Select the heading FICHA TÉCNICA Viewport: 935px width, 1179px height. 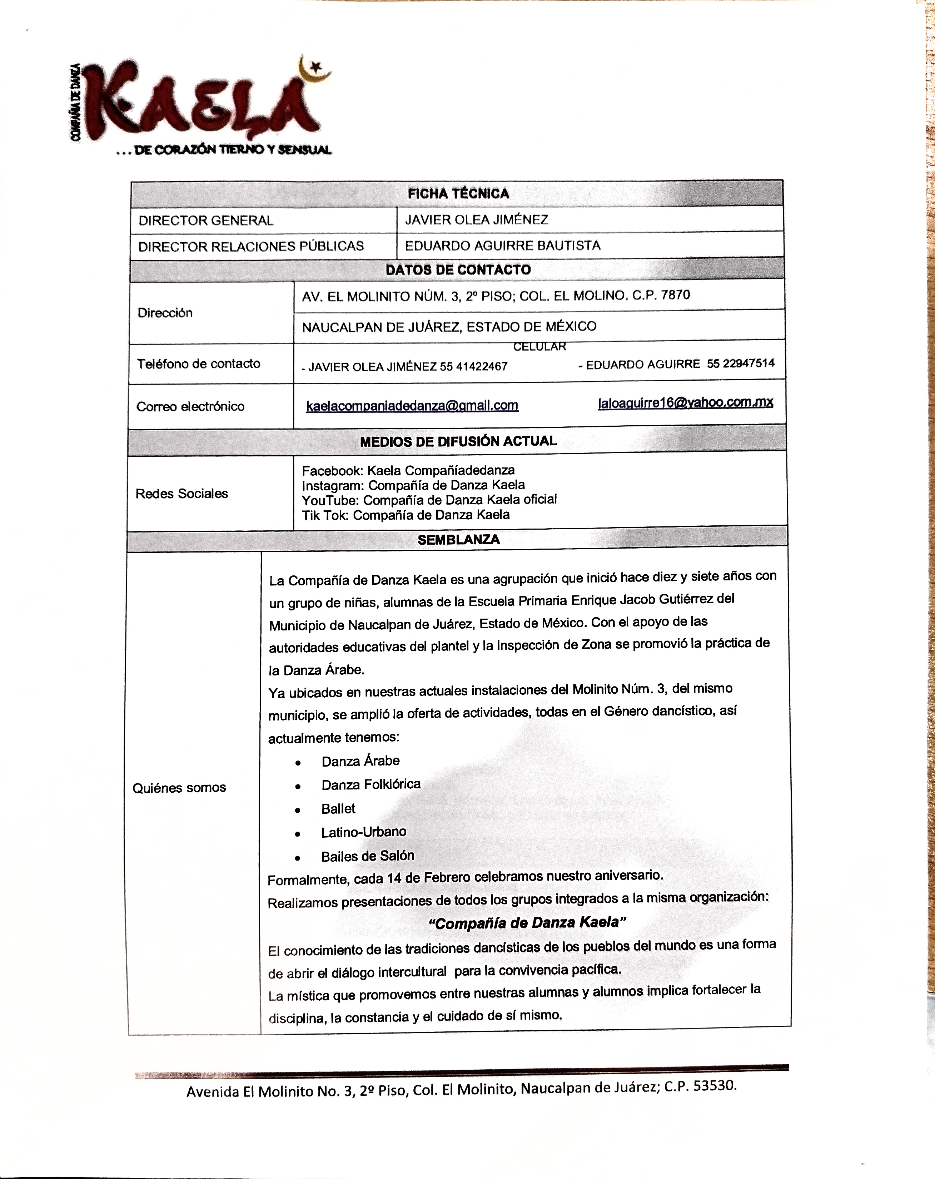pos(458,194)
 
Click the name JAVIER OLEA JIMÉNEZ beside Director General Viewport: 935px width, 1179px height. pos(476,220)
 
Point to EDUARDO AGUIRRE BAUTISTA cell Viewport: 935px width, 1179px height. pos(502,246)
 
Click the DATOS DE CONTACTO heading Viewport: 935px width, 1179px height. pos(458,269)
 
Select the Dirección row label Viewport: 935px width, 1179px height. pos(165,313)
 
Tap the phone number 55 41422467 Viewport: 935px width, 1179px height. pos(473,366)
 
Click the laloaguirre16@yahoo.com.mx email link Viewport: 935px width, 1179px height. pos(685,402)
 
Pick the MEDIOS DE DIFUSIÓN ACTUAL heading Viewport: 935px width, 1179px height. pos(458,441)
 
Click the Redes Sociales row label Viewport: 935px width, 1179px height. pos(181,493)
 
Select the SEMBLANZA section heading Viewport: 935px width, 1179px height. pos(458,540)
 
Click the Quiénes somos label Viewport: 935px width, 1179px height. pos(179,787)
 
